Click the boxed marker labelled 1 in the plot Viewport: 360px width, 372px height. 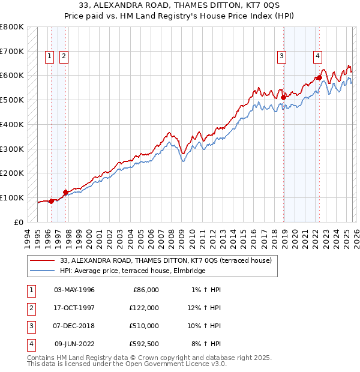click(49, 57)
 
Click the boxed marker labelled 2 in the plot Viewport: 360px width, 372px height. click(64, 57)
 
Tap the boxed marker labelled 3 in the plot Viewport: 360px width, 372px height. click(281, 57)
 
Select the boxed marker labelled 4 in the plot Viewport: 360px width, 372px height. click(317, 57)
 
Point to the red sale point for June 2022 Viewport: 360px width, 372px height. click(320, 77)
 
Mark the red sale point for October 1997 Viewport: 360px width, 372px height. click(65, 192)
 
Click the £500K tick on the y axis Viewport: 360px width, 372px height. click(12, 100)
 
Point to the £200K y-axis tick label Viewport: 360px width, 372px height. click(12, 173)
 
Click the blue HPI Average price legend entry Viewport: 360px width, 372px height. click(133, 271)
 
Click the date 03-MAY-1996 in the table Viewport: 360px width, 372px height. click(74, 290)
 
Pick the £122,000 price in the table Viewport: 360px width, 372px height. click(143, 308)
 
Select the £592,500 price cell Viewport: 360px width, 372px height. click(143, 344)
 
